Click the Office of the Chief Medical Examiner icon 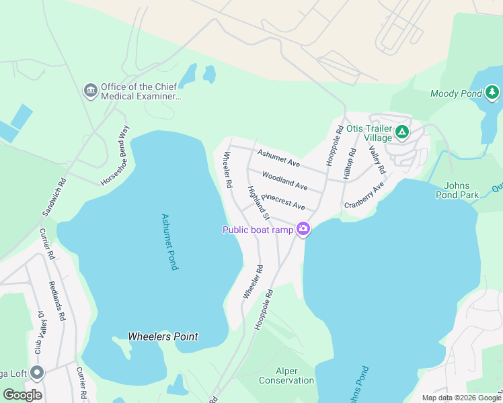(x=90, y=90)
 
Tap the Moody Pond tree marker (x=493, y=92)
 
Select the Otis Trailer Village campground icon (x=402, y=132)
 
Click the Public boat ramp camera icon (x=303, y=230)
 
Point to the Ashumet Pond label (x=169, y=242)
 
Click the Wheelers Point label (x=163, y=337)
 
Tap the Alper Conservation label (x=286, y=375)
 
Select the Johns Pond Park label (x=461, y=190)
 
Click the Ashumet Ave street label (x=278, y=159)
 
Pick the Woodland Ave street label (x=284, y=181)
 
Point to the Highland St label (x=258, y=204)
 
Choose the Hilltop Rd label (x=348, y=163)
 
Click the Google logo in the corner (x=22, y=395)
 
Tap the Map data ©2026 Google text (x=461, y=398)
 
